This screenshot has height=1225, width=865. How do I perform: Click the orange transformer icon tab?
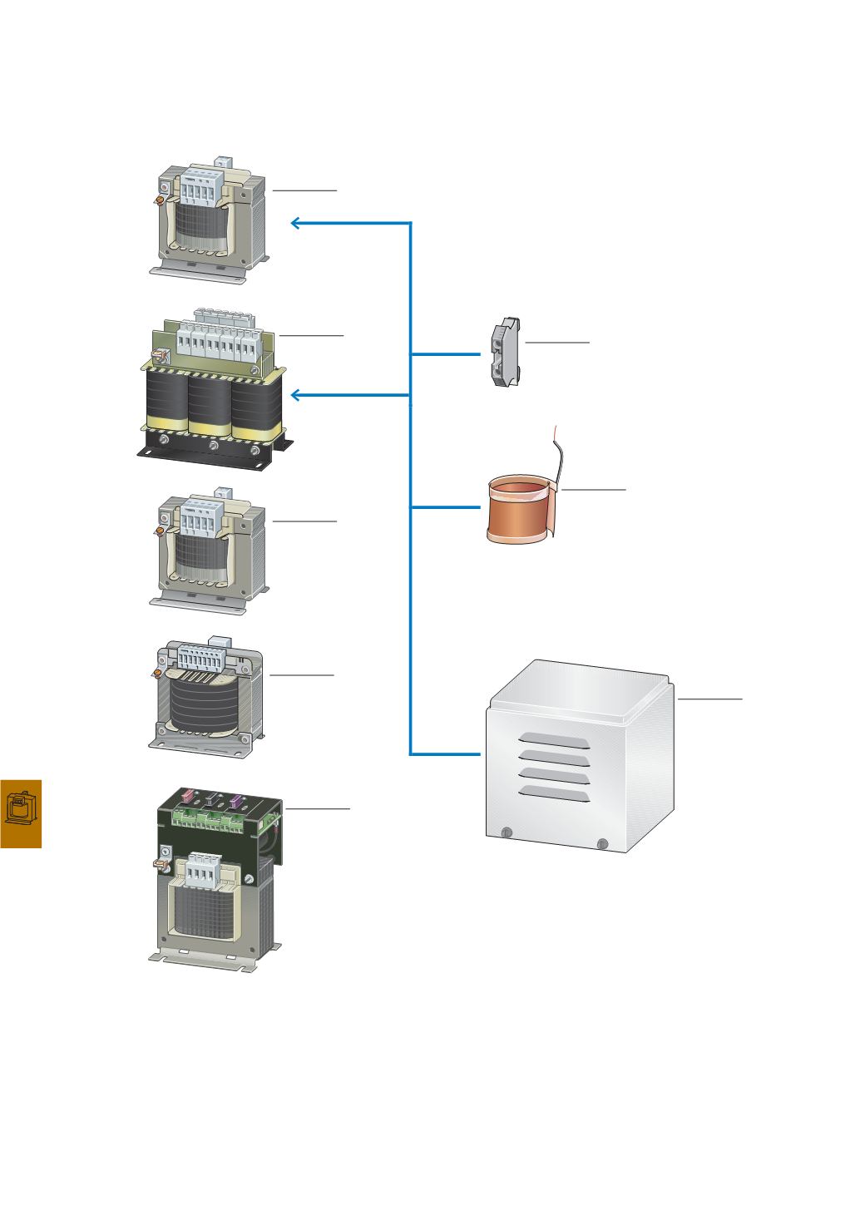(21, 813)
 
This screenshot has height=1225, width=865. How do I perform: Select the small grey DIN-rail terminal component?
(503, 353)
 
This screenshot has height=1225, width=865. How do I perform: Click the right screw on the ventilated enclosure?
(602, 844)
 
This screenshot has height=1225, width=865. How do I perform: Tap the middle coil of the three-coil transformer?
(210, 403)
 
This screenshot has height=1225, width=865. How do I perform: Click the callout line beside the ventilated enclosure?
(709, 699)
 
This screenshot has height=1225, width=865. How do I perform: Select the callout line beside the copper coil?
(593, 490)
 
